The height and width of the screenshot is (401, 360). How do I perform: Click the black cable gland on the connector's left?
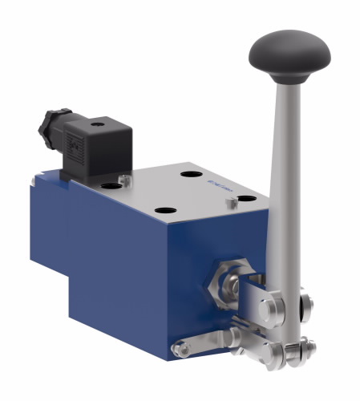(x=48, y=128)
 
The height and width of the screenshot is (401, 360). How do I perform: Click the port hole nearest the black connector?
(x=111, y=186)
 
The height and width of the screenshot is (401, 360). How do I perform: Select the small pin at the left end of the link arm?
(x=180, y=348)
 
